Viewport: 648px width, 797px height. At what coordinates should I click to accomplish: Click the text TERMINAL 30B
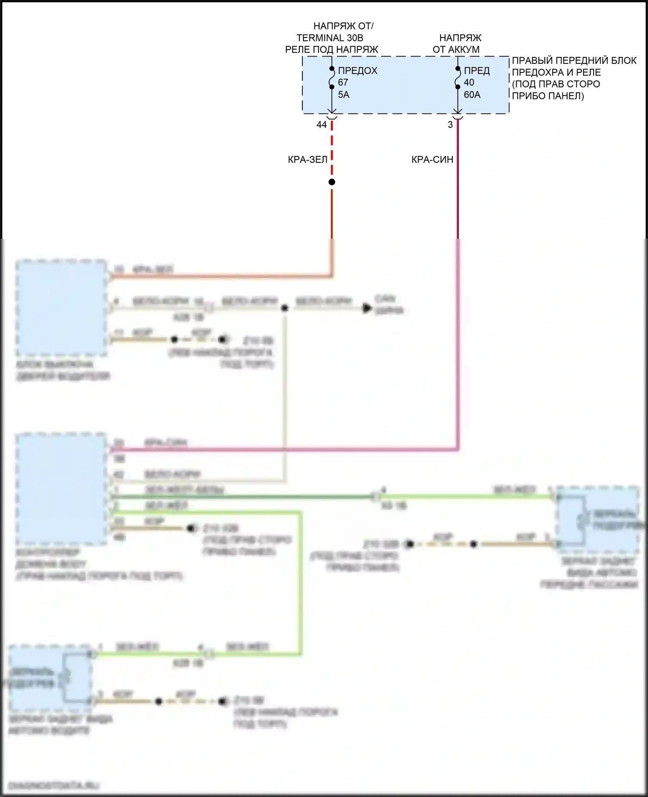330,38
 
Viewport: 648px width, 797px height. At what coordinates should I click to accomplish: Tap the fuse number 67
343,82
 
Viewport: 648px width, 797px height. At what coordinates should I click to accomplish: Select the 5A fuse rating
343,95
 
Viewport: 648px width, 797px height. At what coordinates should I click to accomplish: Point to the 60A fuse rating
472,95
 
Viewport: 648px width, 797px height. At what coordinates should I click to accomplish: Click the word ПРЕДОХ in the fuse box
358,71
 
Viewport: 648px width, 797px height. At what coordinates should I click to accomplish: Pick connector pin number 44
321,125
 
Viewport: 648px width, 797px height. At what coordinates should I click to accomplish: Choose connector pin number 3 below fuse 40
450,125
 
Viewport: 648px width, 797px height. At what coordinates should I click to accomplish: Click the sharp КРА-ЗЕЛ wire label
308,160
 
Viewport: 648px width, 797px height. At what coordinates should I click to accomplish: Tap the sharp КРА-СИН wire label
432,160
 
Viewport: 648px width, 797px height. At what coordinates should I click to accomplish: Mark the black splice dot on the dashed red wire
332,182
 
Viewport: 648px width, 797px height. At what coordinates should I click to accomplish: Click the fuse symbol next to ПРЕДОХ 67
332,78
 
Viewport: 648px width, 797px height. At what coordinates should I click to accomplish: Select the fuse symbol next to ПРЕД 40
458,78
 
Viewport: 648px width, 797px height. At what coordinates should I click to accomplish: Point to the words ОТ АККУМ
456,50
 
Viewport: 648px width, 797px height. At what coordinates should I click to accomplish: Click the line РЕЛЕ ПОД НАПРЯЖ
331,50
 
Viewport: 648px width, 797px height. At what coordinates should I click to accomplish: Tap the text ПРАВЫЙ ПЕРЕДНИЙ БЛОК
574,61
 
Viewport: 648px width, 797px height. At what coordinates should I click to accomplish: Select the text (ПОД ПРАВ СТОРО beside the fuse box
556,84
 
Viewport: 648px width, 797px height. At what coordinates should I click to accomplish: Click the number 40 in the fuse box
469,82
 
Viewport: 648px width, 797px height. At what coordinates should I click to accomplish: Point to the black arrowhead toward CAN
367,308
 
